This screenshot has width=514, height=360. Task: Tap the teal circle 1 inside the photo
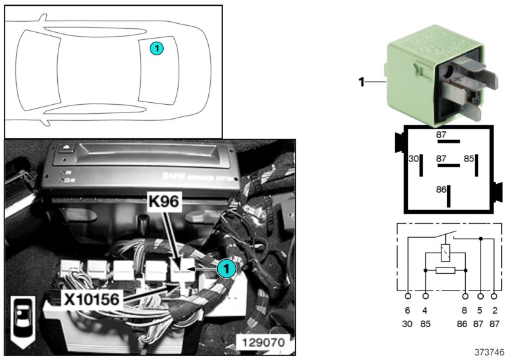(x=224, y=269)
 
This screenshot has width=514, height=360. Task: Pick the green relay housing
(x=411, y=74)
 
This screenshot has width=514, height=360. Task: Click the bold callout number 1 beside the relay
(x=362, y=82)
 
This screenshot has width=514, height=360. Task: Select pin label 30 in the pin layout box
(x=414, y=159)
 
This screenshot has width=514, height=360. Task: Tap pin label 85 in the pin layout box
(x=469, y=159)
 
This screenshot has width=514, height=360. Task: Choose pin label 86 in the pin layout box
(x=441, y=191)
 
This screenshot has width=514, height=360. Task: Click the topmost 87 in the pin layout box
(x=441, y=135)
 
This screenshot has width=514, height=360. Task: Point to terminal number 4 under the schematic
(x=425, y=310)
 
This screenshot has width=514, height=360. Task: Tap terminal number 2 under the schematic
(x=494, y=310)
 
